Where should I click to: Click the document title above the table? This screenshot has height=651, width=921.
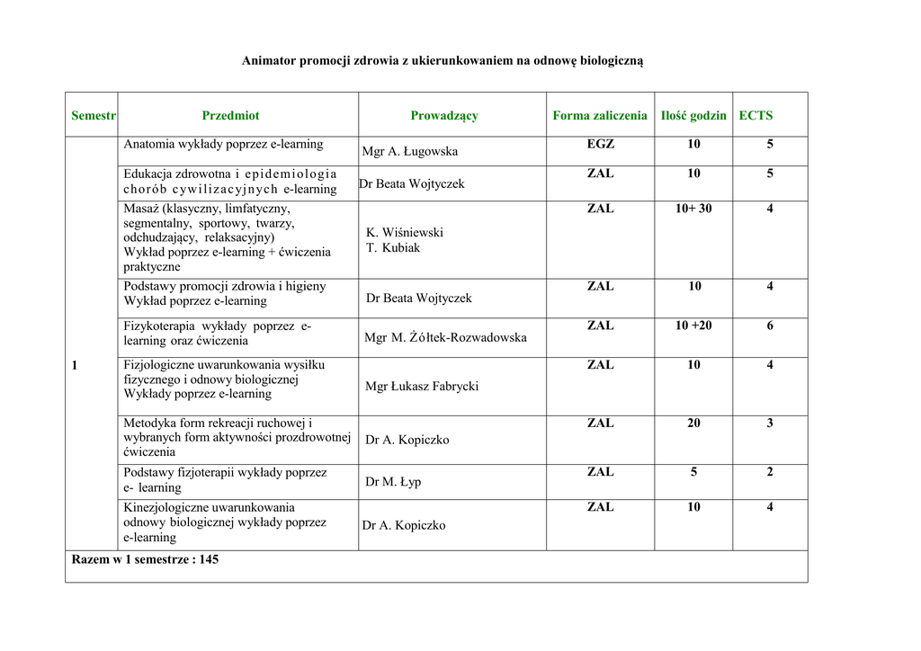[x=443, y=60]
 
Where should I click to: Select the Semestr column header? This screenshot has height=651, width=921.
[x=94, y=115]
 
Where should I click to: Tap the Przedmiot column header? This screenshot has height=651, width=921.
[x=230, y=115]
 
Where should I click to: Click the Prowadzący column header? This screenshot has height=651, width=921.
[x=444, y=115]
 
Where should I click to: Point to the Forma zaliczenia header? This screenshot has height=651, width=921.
[x=600, y=115]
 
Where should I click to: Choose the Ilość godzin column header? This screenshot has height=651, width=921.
[x=693, y=115]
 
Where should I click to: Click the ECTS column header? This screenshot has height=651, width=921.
[x=756, y=115]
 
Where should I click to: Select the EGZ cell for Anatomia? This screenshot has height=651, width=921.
[x=601, y=144]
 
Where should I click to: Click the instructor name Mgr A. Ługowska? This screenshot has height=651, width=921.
[x=410, y=151]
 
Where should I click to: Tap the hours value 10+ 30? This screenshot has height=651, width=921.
[x=693, y=209]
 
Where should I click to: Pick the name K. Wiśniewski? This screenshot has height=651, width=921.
[x=405, y=232]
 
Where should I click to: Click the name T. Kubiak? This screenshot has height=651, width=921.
[x=393, y=247]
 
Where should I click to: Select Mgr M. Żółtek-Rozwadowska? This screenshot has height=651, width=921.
[x=445, y=337]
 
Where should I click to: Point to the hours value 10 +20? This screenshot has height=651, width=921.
[x=693, y=325]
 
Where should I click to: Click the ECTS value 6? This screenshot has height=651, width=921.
[x=770, y=325]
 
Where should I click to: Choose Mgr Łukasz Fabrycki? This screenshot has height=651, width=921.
[x=422, y=386]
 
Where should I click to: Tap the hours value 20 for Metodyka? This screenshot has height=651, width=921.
[x=693, y=423]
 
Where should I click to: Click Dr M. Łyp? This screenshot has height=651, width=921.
[x=393, y=481]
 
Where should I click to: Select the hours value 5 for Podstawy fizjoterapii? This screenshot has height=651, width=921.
[x=693, y=471]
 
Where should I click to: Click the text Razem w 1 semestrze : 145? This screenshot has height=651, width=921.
[x=145, y=559]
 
